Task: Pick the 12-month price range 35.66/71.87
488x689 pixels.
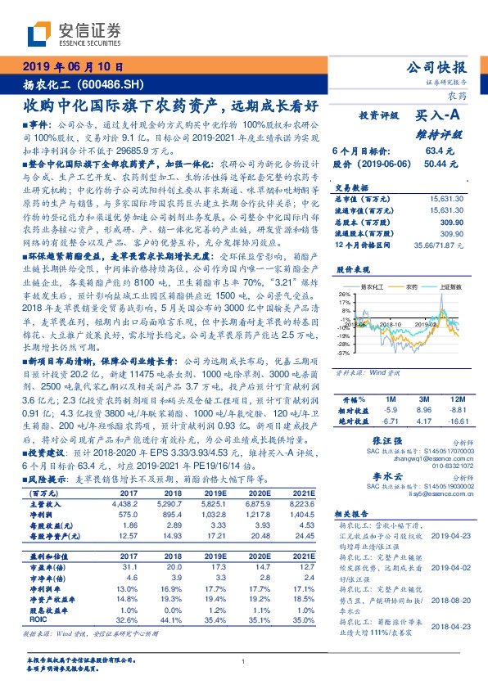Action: click(x=441, y=245)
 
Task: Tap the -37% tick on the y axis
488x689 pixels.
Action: click(x=344, y=354)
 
